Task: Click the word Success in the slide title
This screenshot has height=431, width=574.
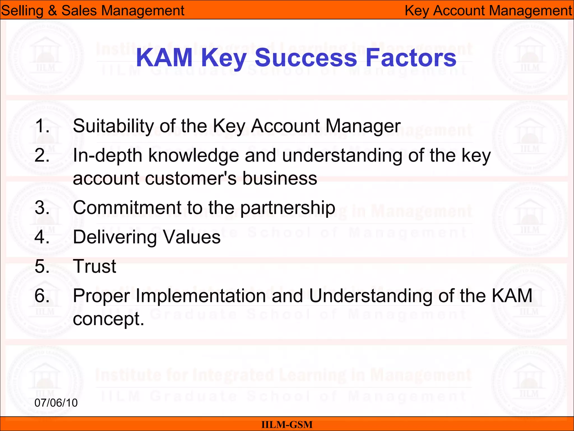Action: pos(305,58)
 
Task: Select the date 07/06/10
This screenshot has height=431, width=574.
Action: pos(56,403)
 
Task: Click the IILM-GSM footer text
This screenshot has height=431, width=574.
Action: pos(287,425)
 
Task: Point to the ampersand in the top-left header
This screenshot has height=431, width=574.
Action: pos(52,11)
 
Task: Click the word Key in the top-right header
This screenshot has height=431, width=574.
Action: pos(417,11)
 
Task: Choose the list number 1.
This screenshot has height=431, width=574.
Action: pos(42,126)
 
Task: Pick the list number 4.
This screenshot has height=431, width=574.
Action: pos(42,237)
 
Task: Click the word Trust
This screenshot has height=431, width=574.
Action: pos(94,266)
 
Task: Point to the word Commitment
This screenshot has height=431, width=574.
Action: pos(127,208)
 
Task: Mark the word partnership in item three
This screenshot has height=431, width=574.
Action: pos(288,208)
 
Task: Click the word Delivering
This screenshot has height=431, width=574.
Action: pos(115,237)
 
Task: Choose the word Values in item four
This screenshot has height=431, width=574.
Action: pos(192,237)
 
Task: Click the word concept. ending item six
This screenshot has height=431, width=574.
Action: pos(108,319)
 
